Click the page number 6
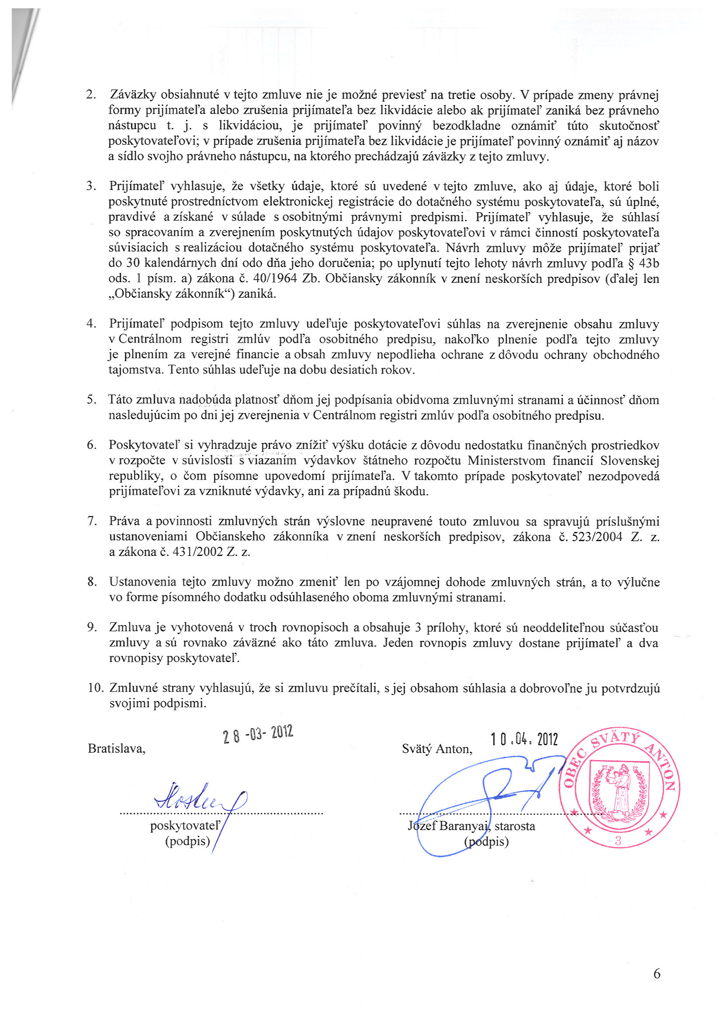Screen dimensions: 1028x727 coord(657,986)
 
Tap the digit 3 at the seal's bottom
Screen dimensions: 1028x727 coord(618,840)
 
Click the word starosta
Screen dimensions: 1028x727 coord(515,826)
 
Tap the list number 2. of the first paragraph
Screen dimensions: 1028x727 coord(91,95)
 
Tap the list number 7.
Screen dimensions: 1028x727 coord(92,521)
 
